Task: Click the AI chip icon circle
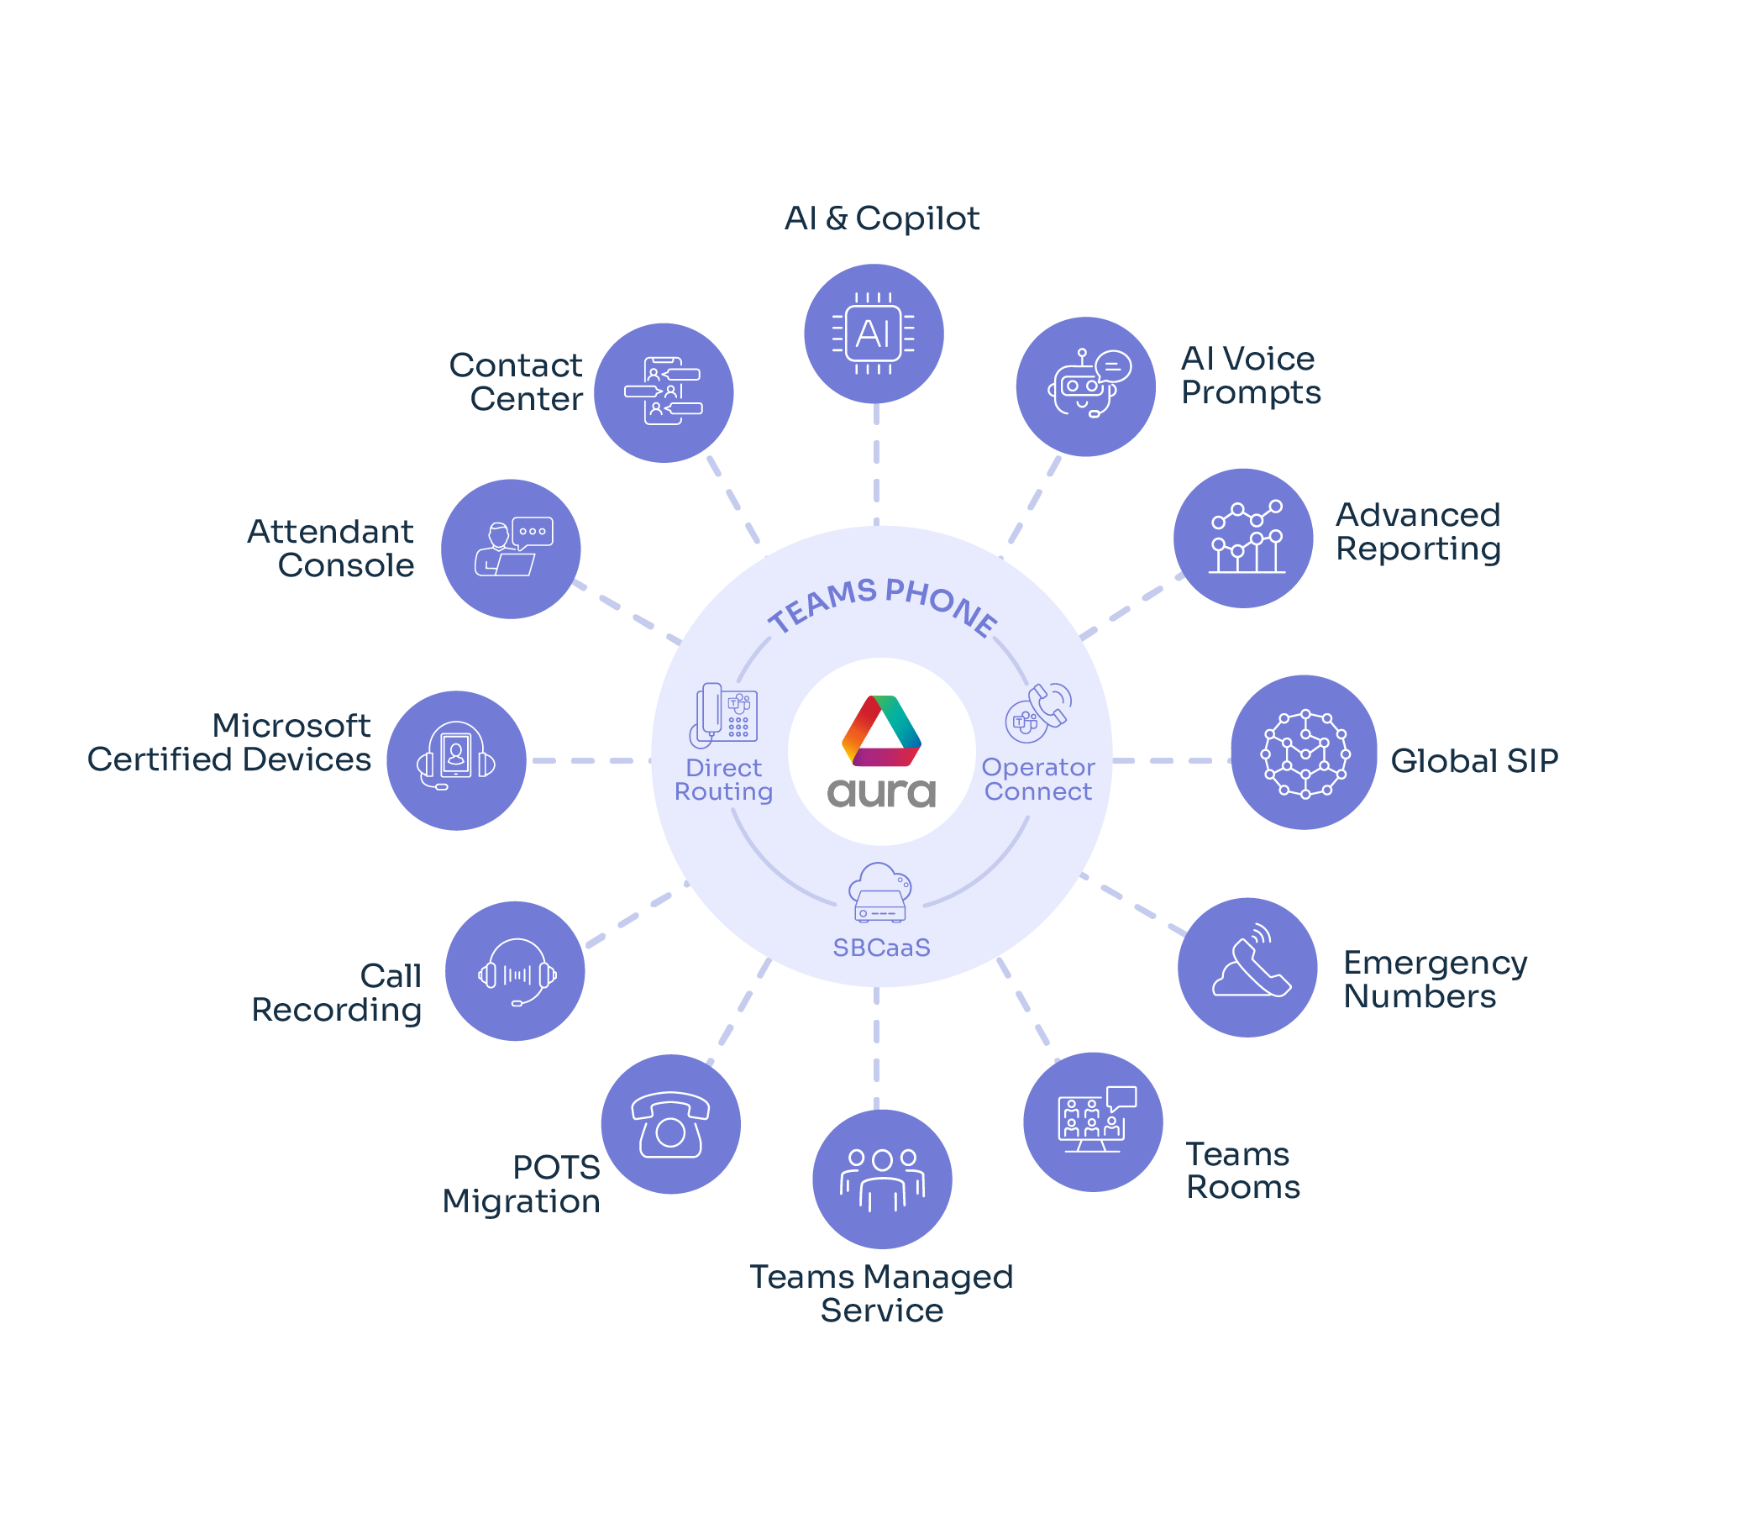[x=874, y=334]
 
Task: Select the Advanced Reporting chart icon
[x=1243, y=538]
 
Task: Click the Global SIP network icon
[x=1304, y=753]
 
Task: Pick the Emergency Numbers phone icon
[x=1247, y=967]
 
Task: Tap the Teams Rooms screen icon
[x=1093, y=1122]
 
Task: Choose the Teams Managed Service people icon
[x=882, y=1179]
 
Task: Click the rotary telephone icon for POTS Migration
[x=671, y=1124]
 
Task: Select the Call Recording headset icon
[x=515, y=971]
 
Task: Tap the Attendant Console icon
[x=511, y=549]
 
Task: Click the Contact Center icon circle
[x=664, y=392]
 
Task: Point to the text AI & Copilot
[x=881, y=218]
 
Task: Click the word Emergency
[x=1435, y=963]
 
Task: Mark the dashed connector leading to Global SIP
[x=1170, y=760]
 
